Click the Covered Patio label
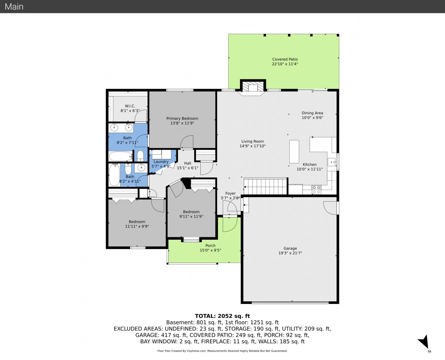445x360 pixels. [x=285, y=59]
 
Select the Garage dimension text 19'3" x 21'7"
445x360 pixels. [x=290, y=253]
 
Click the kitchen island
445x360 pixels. [x=294, y=151]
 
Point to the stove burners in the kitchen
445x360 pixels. [x=316, y=190]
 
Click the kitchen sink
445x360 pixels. [x=332, y=162]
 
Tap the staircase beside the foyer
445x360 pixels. [x=266, y=186]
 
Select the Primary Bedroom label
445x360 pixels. [x=182, y=118]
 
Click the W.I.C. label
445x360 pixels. [x=130, y=106]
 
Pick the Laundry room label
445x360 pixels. [x=161, y=162]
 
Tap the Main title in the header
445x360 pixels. [x=14, y=7]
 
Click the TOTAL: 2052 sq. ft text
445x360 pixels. [x=222, y=316]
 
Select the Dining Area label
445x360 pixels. [x=312, y=113]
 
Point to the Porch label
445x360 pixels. [x=210, y=246]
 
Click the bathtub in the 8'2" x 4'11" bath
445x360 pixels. [x=114, y=175]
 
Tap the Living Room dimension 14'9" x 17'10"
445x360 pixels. [x=253, y=146]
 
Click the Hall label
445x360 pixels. [x=188, y=163]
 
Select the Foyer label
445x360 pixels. [x=230, y=193]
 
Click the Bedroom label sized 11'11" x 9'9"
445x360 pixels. [x=137, y=222]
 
